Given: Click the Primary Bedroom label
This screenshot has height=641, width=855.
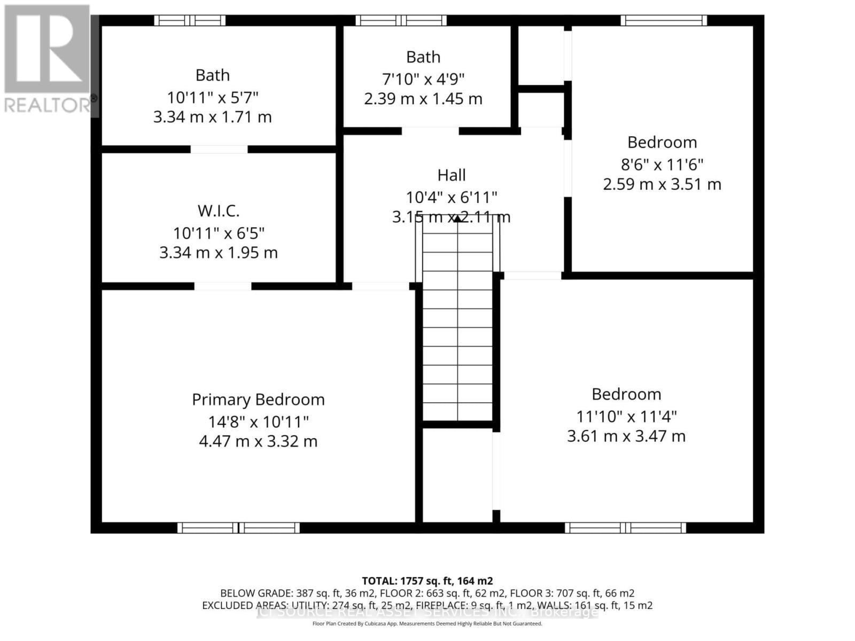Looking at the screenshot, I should (258, 400).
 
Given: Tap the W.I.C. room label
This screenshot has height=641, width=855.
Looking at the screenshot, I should (219, 211).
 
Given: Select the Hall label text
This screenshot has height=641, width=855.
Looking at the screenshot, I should (452, 175).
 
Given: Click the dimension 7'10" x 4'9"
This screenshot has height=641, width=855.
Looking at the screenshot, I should (423, 79).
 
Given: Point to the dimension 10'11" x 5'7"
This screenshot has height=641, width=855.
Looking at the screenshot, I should (213, 98).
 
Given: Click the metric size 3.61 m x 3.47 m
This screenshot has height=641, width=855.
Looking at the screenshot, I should (626, 436).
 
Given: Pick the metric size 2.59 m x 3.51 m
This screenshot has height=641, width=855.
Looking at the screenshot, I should (662, 184).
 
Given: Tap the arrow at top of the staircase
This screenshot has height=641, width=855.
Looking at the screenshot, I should (457, 218).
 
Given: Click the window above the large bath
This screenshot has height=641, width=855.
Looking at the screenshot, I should (190, 21).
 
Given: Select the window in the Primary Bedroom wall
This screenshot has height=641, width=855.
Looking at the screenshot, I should (238, 528).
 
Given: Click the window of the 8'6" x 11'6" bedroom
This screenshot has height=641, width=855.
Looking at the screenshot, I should (663, 21).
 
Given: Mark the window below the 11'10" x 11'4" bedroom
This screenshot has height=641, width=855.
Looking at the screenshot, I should (625, 528).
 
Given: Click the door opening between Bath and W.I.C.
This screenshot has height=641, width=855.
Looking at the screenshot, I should (219, 149).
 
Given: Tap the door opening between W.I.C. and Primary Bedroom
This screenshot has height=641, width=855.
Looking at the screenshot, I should (222, 286).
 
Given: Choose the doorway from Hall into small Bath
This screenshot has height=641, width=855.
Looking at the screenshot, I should (430, 131).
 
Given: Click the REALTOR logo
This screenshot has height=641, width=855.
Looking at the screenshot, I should (47, 59).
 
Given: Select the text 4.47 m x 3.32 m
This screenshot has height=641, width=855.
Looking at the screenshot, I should (258, 442).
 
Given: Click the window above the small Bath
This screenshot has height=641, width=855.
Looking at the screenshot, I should (401, 21).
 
